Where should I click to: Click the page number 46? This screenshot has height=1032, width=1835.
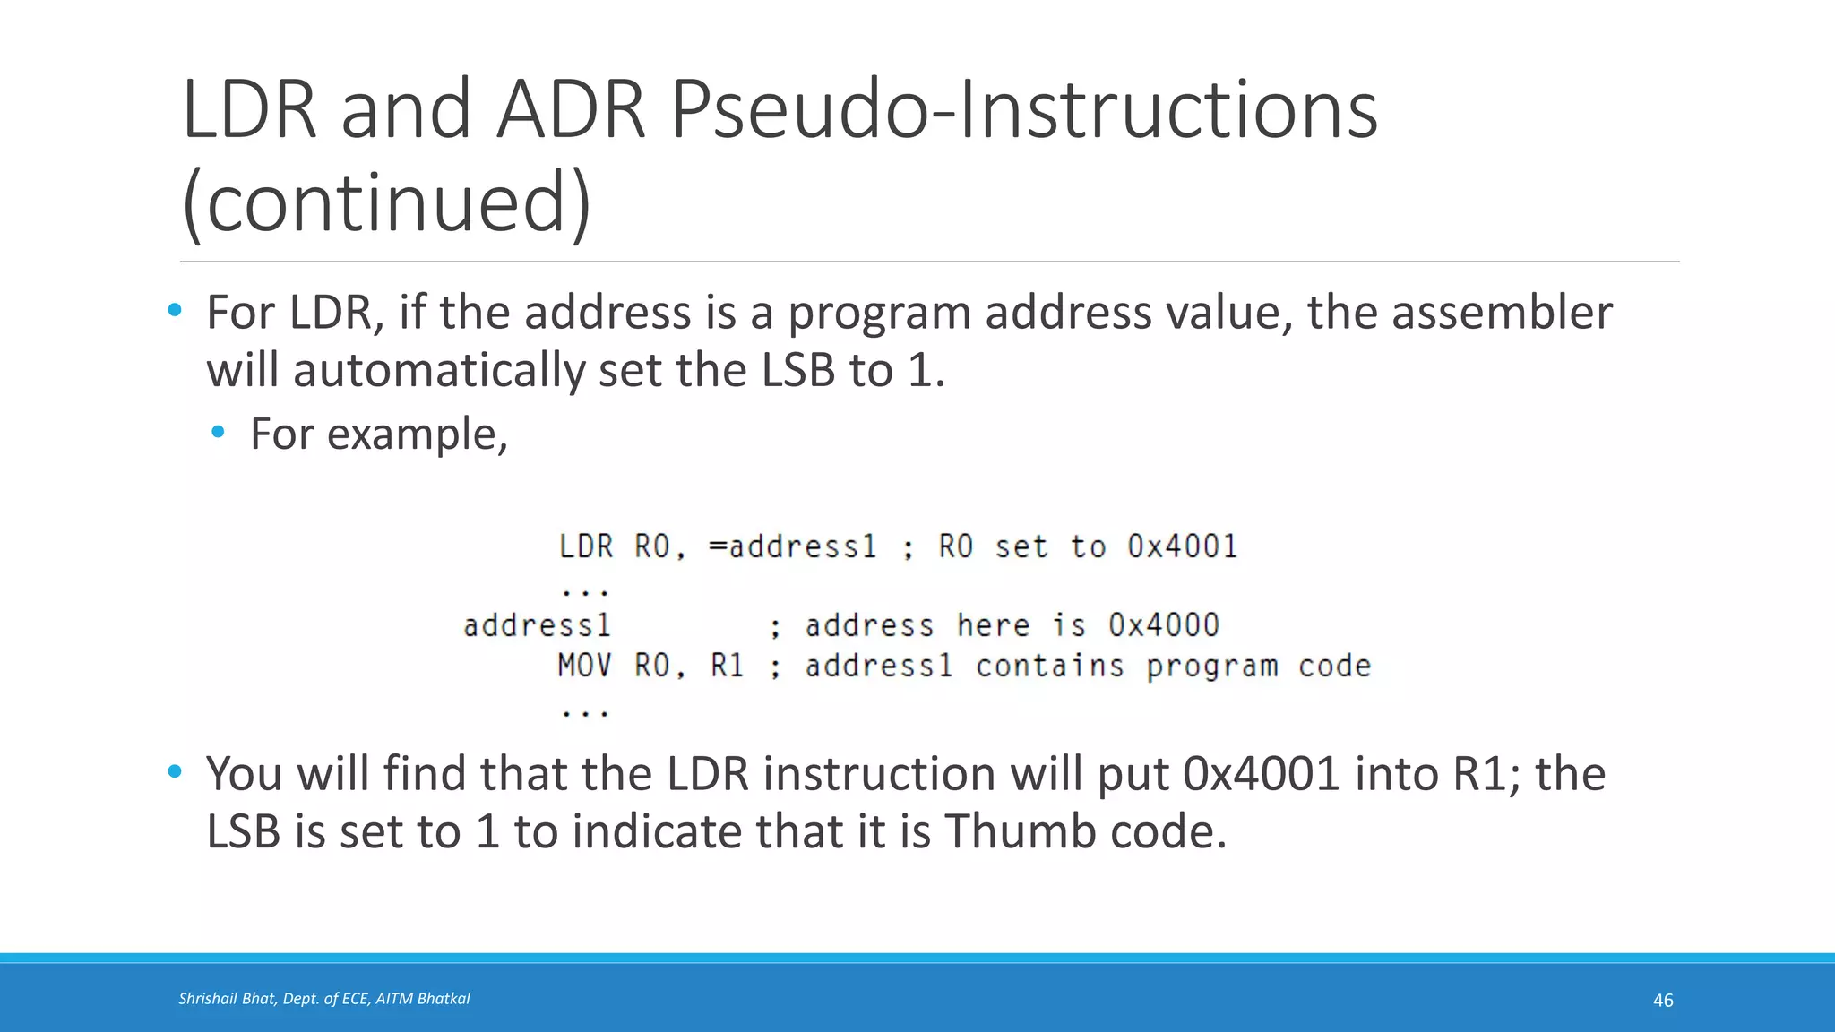[1663, 1001]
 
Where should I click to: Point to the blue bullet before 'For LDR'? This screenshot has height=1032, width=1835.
[175, 311]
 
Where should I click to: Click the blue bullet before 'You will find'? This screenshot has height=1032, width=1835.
[175, 771]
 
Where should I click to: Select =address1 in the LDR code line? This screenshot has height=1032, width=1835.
[792, 546]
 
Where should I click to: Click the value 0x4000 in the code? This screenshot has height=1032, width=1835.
[1164, 625]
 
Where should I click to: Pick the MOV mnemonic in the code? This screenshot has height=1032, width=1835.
[584, 666]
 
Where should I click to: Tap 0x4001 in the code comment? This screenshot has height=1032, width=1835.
[1182, 546]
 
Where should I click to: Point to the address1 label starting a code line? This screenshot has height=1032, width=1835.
[537, 625]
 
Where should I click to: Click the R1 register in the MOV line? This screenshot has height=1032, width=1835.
[727, 666]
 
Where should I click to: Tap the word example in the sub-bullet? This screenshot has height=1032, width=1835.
[418, 434]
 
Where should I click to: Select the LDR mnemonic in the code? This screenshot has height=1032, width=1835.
[586, 546]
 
